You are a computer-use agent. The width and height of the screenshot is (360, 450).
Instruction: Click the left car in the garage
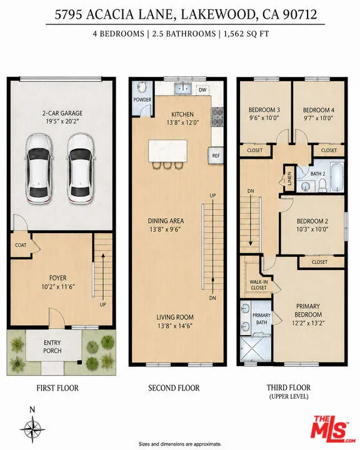39,169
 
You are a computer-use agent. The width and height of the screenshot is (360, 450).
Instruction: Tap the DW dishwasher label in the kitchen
202,90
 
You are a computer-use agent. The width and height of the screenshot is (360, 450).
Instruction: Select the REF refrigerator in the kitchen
216,156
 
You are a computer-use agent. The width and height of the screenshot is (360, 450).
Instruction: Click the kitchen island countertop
167,151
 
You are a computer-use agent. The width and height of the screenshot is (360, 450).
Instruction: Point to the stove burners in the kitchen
217,117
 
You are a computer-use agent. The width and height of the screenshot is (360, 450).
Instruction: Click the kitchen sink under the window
183,88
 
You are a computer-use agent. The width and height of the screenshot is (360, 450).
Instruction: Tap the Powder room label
142,99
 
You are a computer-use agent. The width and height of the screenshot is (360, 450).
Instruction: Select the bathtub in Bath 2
337,177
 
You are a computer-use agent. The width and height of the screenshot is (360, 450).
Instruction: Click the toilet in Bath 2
322,185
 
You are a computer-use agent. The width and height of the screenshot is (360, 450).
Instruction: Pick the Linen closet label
289,178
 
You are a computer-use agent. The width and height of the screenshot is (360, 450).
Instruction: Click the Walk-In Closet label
259,285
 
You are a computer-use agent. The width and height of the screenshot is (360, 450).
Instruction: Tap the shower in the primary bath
256,348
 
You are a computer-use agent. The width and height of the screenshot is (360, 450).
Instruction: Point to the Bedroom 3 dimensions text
264,117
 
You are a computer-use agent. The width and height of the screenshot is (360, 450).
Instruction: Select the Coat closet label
21,245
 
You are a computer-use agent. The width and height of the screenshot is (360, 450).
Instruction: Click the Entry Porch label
52,347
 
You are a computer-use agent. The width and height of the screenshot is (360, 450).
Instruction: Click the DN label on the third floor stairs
251,191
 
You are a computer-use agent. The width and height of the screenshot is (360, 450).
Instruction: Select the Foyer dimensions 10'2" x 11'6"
58,286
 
